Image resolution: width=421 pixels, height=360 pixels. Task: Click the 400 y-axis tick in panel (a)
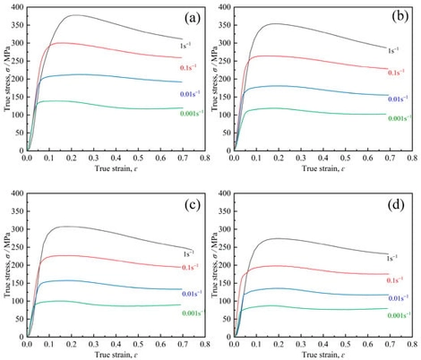point(16,7)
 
